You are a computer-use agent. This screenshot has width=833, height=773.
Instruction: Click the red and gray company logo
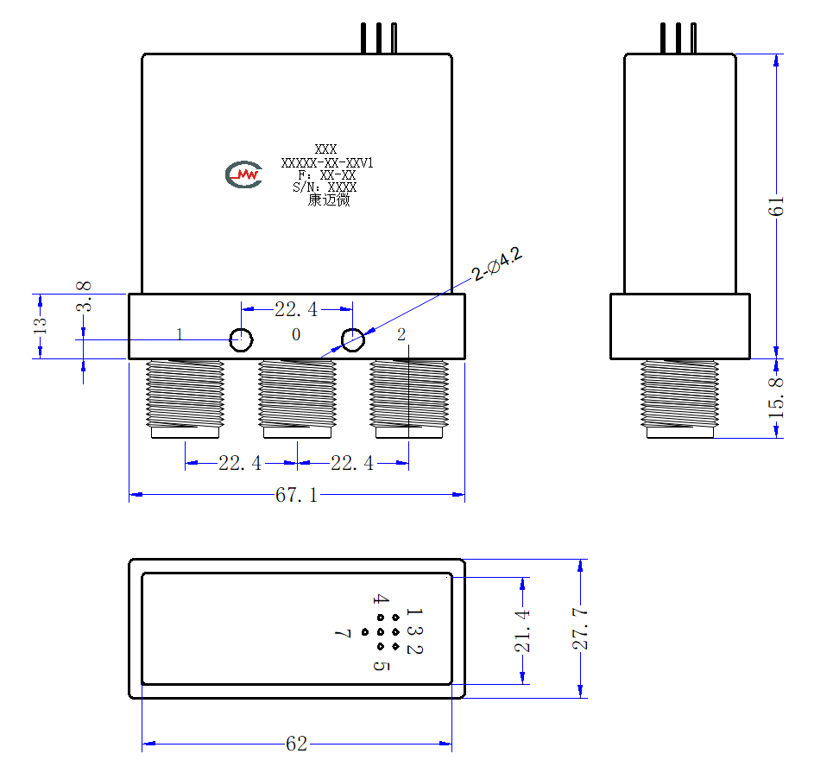243,174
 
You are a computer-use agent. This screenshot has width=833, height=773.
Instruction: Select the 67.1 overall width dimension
296,495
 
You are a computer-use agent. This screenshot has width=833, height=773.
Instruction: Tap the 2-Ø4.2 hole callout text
497,263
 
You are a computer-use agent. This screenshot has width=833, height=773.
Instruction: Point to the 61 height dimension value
776,206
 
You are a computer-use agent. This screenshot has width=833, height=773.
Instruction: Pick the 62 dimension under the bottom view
296,744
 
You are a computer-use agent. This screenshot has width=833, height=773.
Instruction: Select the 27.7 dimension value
580,629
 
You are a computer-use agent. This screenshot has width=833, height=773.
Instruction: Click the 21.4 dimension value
522,631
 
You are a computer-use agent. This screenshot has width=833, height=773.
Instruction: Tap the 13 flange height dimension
40,326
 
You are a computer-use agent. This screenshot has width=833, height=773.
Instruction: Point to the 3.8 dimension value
84,296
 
